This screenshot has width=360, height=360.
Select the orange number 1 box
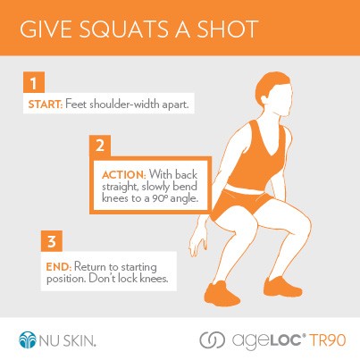point(31,85)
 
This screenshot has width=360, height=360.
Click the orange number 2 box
point(101,144)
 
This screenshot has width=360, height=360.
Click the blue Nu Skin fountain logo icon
point(29,339)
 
